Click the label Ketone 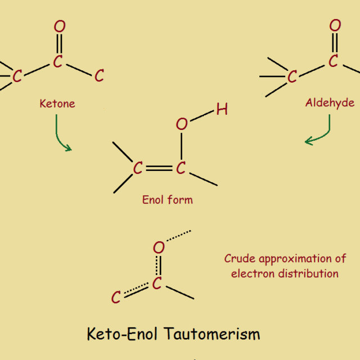click(57, 103)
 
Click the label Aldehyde click(330, 102)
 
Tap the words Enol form click(168, 199)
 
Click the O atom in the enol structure click(181, 124)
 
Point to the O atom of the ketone click(60, 26)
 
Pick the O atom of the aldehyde click(335, 25)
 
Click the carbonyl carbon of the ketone click(58, 62)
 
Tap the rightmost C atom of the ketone click(100, 76)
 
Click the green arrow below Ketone click(60, 135)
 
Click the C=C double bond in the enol click(159, 168)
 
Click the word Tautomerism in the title click(213, 334)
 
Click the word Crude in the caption click(239, 259)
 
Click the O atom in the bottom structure click(159, 247)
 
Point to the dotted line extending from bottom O click(179, 237)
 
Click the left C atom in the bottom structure click(116, 297)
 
